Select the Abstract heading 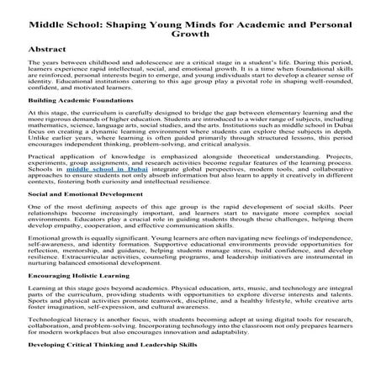(x=47, y=50)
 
